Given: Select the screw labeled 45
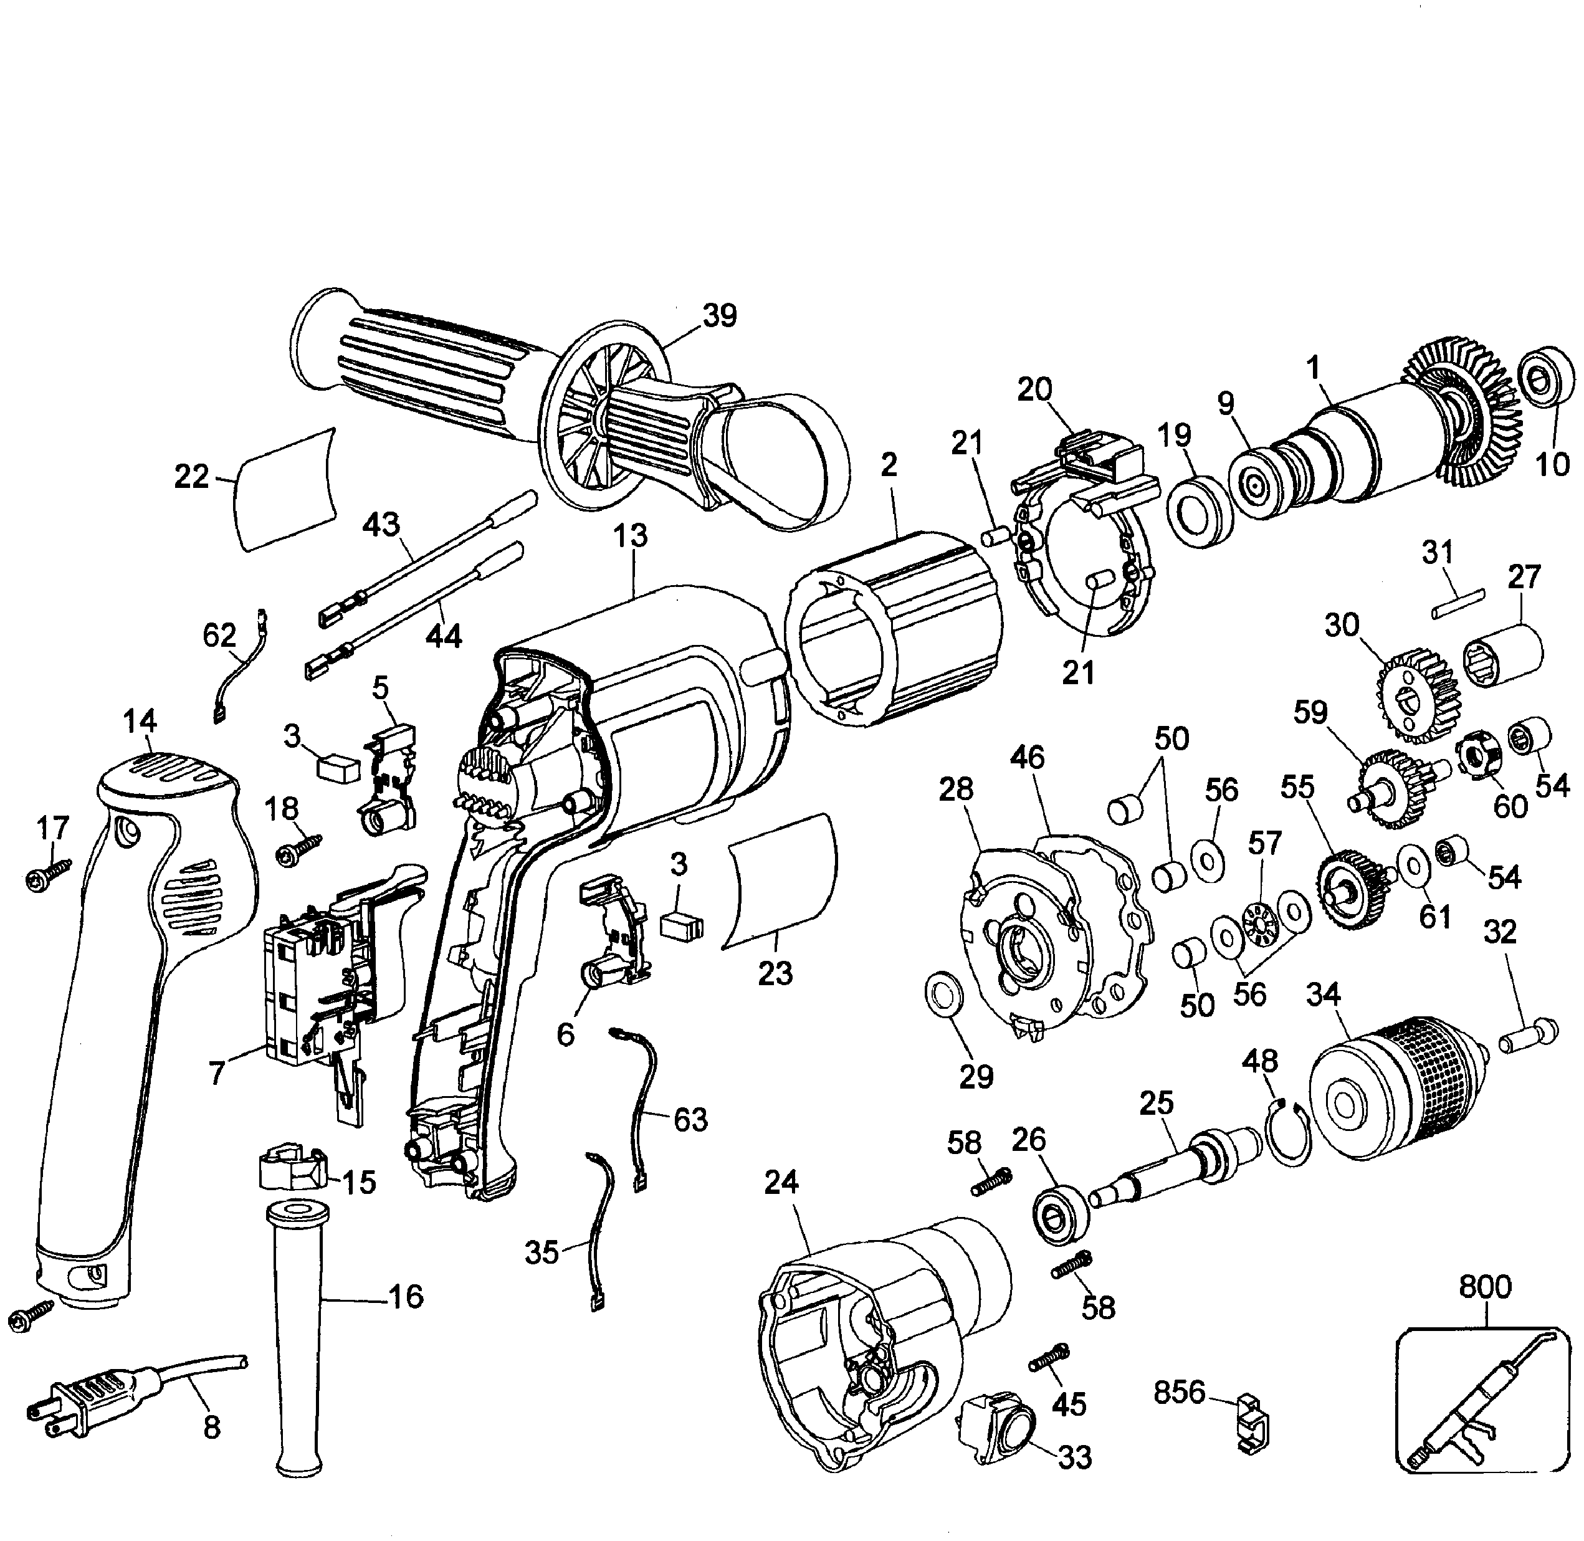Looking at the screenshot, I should (x=1051, y=1362).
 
